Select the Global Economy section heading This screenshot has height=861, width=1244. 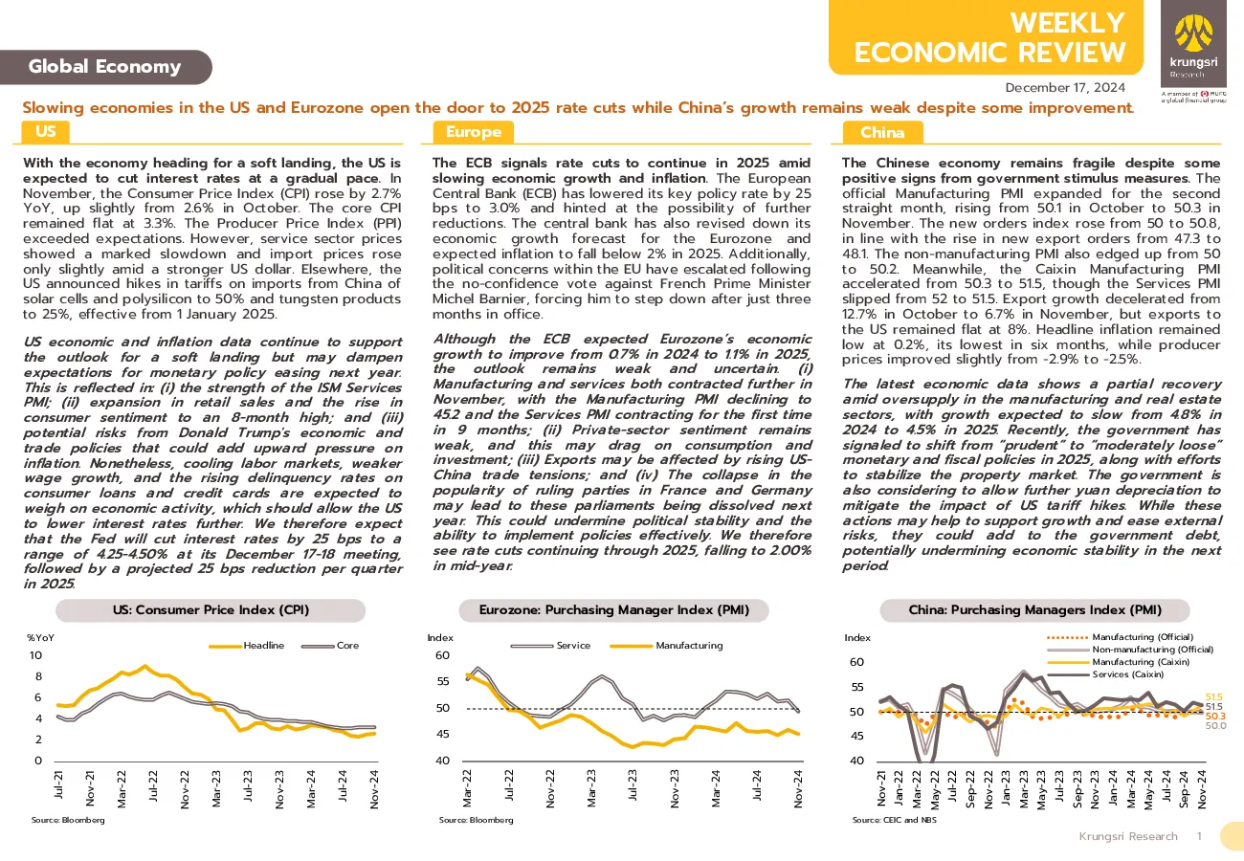[x=105, y=67]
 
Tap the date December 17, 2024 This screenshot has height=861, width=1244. [x=1065, y=88]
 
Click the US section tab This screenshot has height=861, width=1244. [x=46, y=132]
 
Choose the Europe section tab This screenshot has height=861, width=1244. [x=473, y=132]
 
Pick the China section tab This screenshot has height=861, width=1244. [x=882, y=133]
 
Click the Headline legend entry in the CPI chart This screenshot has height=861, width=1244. [x=247, y=646]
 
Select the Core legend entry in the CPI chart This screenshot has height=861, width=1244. [x=330, y=646]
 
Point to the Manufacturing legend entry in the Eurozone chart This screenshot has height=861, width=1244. [x=666, y=646]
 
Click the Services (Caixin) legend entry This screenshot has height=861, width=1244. [x=1105, y=674]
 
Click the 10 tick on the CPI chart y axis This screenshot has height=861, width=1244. [x=35, y=655]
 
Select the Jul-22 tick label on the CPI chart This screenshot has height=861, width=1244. [x=153, y=785]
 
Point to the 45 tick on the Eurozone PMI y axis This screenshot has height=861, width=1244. [x=443, y=734]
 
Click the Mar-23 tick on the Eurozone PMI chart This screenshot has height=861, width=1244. [x=591, y=787]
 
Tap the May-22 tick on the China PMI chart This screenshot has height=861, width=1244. [x=935, y=789]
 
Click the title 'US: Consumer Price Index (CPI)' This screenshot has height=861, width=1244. [x=211, y=610]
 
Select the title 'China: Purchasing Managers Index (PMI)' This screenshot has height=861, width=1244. [x=1035, y=610]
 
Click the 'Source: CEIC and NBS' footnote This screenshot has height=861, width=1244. [x=894, y=820]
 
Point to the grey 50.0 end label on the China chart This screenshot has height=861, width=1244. [x=1215, y=725]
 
